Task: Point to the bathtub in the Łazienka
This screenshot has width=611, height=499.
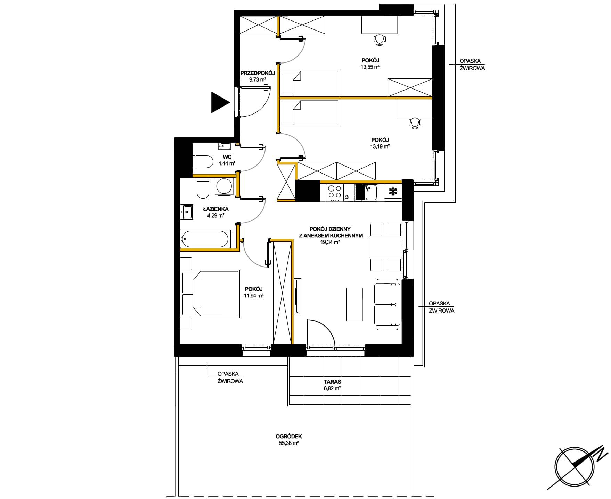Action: tap(204, 239)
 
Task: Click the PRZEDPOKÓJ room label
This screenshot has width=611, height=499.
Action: tap(258, 73)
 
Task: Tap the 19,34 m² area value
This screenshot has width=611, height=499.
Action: tap(330, 242)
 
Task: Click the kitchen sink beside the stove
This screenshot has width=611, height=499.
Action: tap(366, 193)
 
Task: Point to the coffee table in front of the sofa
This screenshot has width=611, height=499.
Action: tap(355, 304)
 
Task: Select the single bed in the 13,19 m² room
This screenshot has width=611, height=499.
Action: tap(310, 112)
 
